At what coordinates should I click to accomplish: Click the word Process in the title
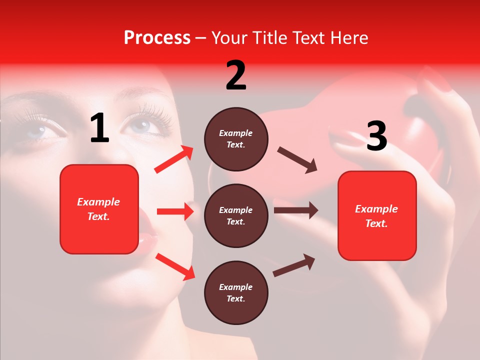point(157,37)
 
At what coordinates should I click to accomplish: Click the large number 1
point(99,128)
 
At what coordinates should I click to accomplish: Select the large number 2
point(236,75)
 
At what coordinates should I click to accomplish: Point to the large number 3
point(376,136)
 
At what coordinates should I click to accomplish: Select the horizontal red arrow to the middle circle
point(175,211)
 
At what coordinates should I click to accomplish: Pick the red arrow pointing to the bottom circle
point(175,266)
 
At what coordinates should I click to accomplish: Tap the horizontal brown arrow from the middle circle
point(295,210)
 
